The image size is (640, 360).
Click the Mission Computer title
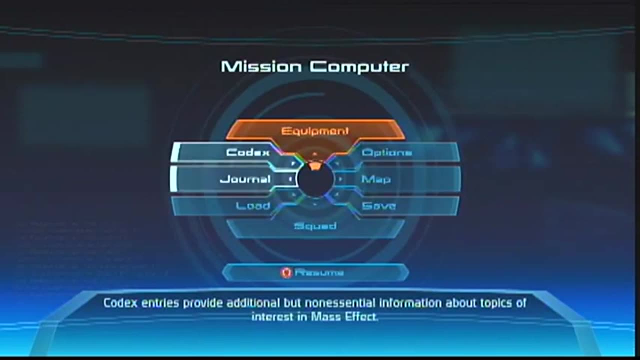tap(315, 66)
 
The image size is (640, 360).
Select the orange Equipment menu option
tap(315, 131)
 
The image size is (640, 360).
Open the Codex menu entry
tap(248, 152)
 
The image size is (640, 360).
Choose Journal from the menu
tap(245, 179)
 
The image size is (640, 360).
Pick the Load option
tap(253, 205)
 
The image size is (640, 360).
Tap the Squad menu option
tap(315, 226)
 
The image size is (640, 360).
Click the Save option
tap(379, 205)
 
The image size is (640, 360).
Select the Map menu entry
tap(376, 179)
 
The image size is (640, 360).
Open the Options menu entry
tap(386, 152)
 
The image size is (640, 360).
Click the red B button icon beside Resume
tap(286, 272)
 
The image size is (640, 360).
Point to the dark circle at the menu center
tap(315, 181)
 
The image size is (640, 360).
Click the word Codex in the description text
tap(118, 303)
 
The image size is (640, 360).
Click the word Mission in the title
tap(260, 66)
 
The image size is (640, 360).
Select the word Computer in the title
tap(359, 66)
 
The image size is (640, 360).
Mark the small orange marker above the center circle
tap(314, 166)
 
